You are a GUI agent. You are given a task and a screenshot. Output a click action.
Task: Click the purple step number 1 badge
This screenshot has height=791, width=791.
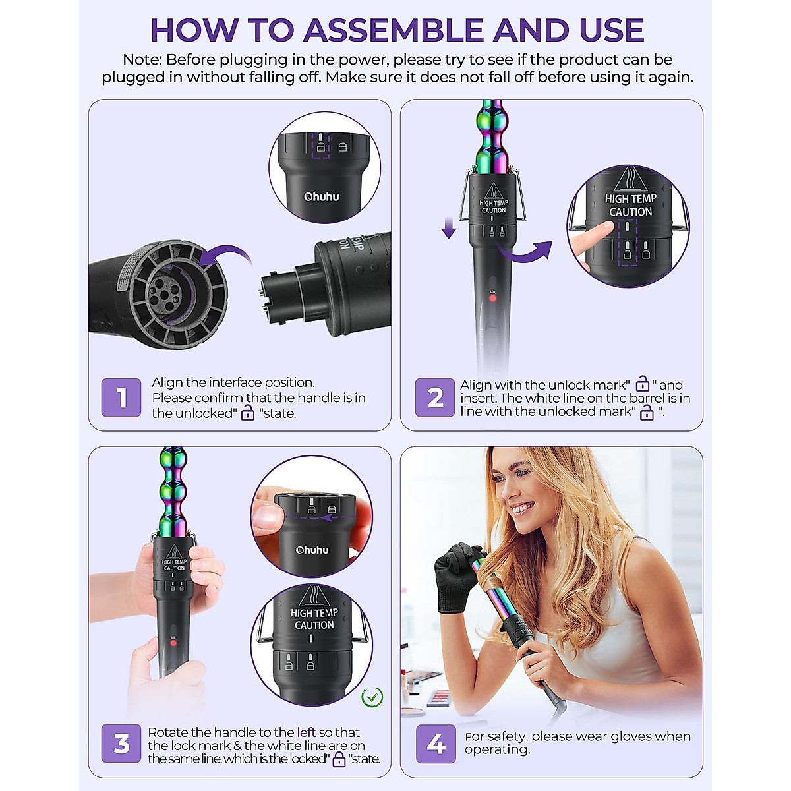tap(121, 397)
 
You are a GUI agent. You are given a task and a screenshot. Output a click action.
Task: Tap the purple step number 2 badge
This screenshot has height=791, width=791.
tap(434, 397)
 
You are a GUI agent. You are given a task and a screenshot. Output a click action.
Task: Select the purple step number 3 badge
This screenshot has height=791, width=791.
tap(121, 744)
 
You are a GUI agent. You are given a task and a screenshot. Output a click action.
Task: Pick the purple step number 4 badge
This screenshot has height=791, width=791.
tap(435, 744)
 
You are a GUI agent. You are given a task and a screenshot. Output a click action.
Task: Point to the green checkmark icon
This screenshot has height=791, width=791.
tap(372, 696)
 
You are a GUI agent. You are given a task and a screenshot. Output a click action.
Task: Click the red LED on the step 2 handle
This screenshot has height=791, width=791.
tap(492, 299)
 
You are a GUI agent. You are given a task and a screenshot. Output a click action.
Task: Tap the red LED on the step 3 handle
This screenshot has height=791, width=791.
tap(173, 643)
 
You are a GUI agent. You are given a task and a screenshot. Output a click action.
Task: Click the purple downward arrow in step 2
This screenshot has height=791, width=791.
tap(449, 228)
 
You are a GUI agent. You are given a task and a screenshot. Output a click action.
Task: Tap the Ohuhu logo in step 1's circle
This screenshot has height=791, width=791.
tap(321, 196)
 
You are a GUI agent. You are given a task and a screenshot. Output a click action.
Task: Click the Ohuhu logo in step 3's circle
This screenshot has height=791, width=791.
tap(312, 550)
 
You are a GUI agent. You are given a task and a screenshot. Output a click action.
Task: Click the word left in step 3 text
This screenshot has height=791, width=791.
tap(307, 732)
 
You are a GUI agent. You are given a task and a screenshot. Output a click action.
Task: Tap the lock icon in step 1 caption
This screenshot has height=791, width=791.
tap(248, 413)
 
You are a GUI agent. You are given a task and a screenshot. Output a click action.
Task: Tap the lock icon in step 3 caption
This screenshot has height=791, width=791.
tap(339, 759)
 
